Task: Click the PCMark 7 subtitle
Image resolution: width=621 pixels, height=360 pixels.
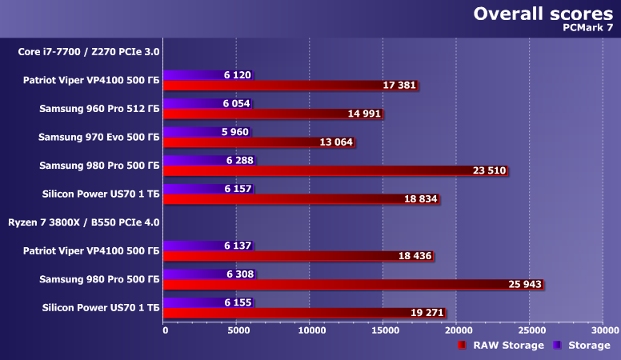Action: pyautogui.click(x=587, y=28)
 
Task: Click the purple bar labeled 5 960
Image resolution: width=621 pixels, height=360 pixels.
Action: pyautogui.click(x=192, y=131)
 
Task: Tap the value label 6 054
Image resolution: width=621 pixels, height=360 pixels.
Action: pyautogui.click(x=238, y=103)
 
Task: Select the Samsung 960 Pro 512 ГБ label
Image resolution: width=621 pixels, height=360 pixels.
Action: pyautogui.click(x=99, y=109)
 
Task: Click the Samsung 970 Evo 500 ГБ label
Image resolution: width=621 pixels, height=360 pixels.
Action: pyautogui.click(x=99, y=137)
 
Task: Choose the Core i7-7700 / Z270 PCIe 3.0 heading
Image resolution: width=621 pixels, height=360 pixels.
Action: pyautogui.click(x=89, y=52)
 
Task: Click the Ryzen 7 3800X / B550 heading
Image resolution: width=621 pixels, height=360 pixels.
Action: pyautogui.click(x=83, y=222)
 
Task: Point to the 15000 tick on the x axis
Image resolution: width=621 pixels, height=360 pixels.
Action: pyautogui.click(x=383, y=329)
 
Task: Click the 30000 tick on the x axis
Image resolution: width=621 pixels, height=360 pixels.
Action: pyautogui.click(x=605, y=329)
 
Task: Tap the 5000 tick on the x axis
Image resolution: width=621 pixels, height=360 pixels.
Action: pyautogui.click(x=237, y=329)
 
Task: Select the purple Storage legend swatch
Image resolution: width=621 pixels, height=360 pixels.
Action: pyautogui.click(x=557, y=346)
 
